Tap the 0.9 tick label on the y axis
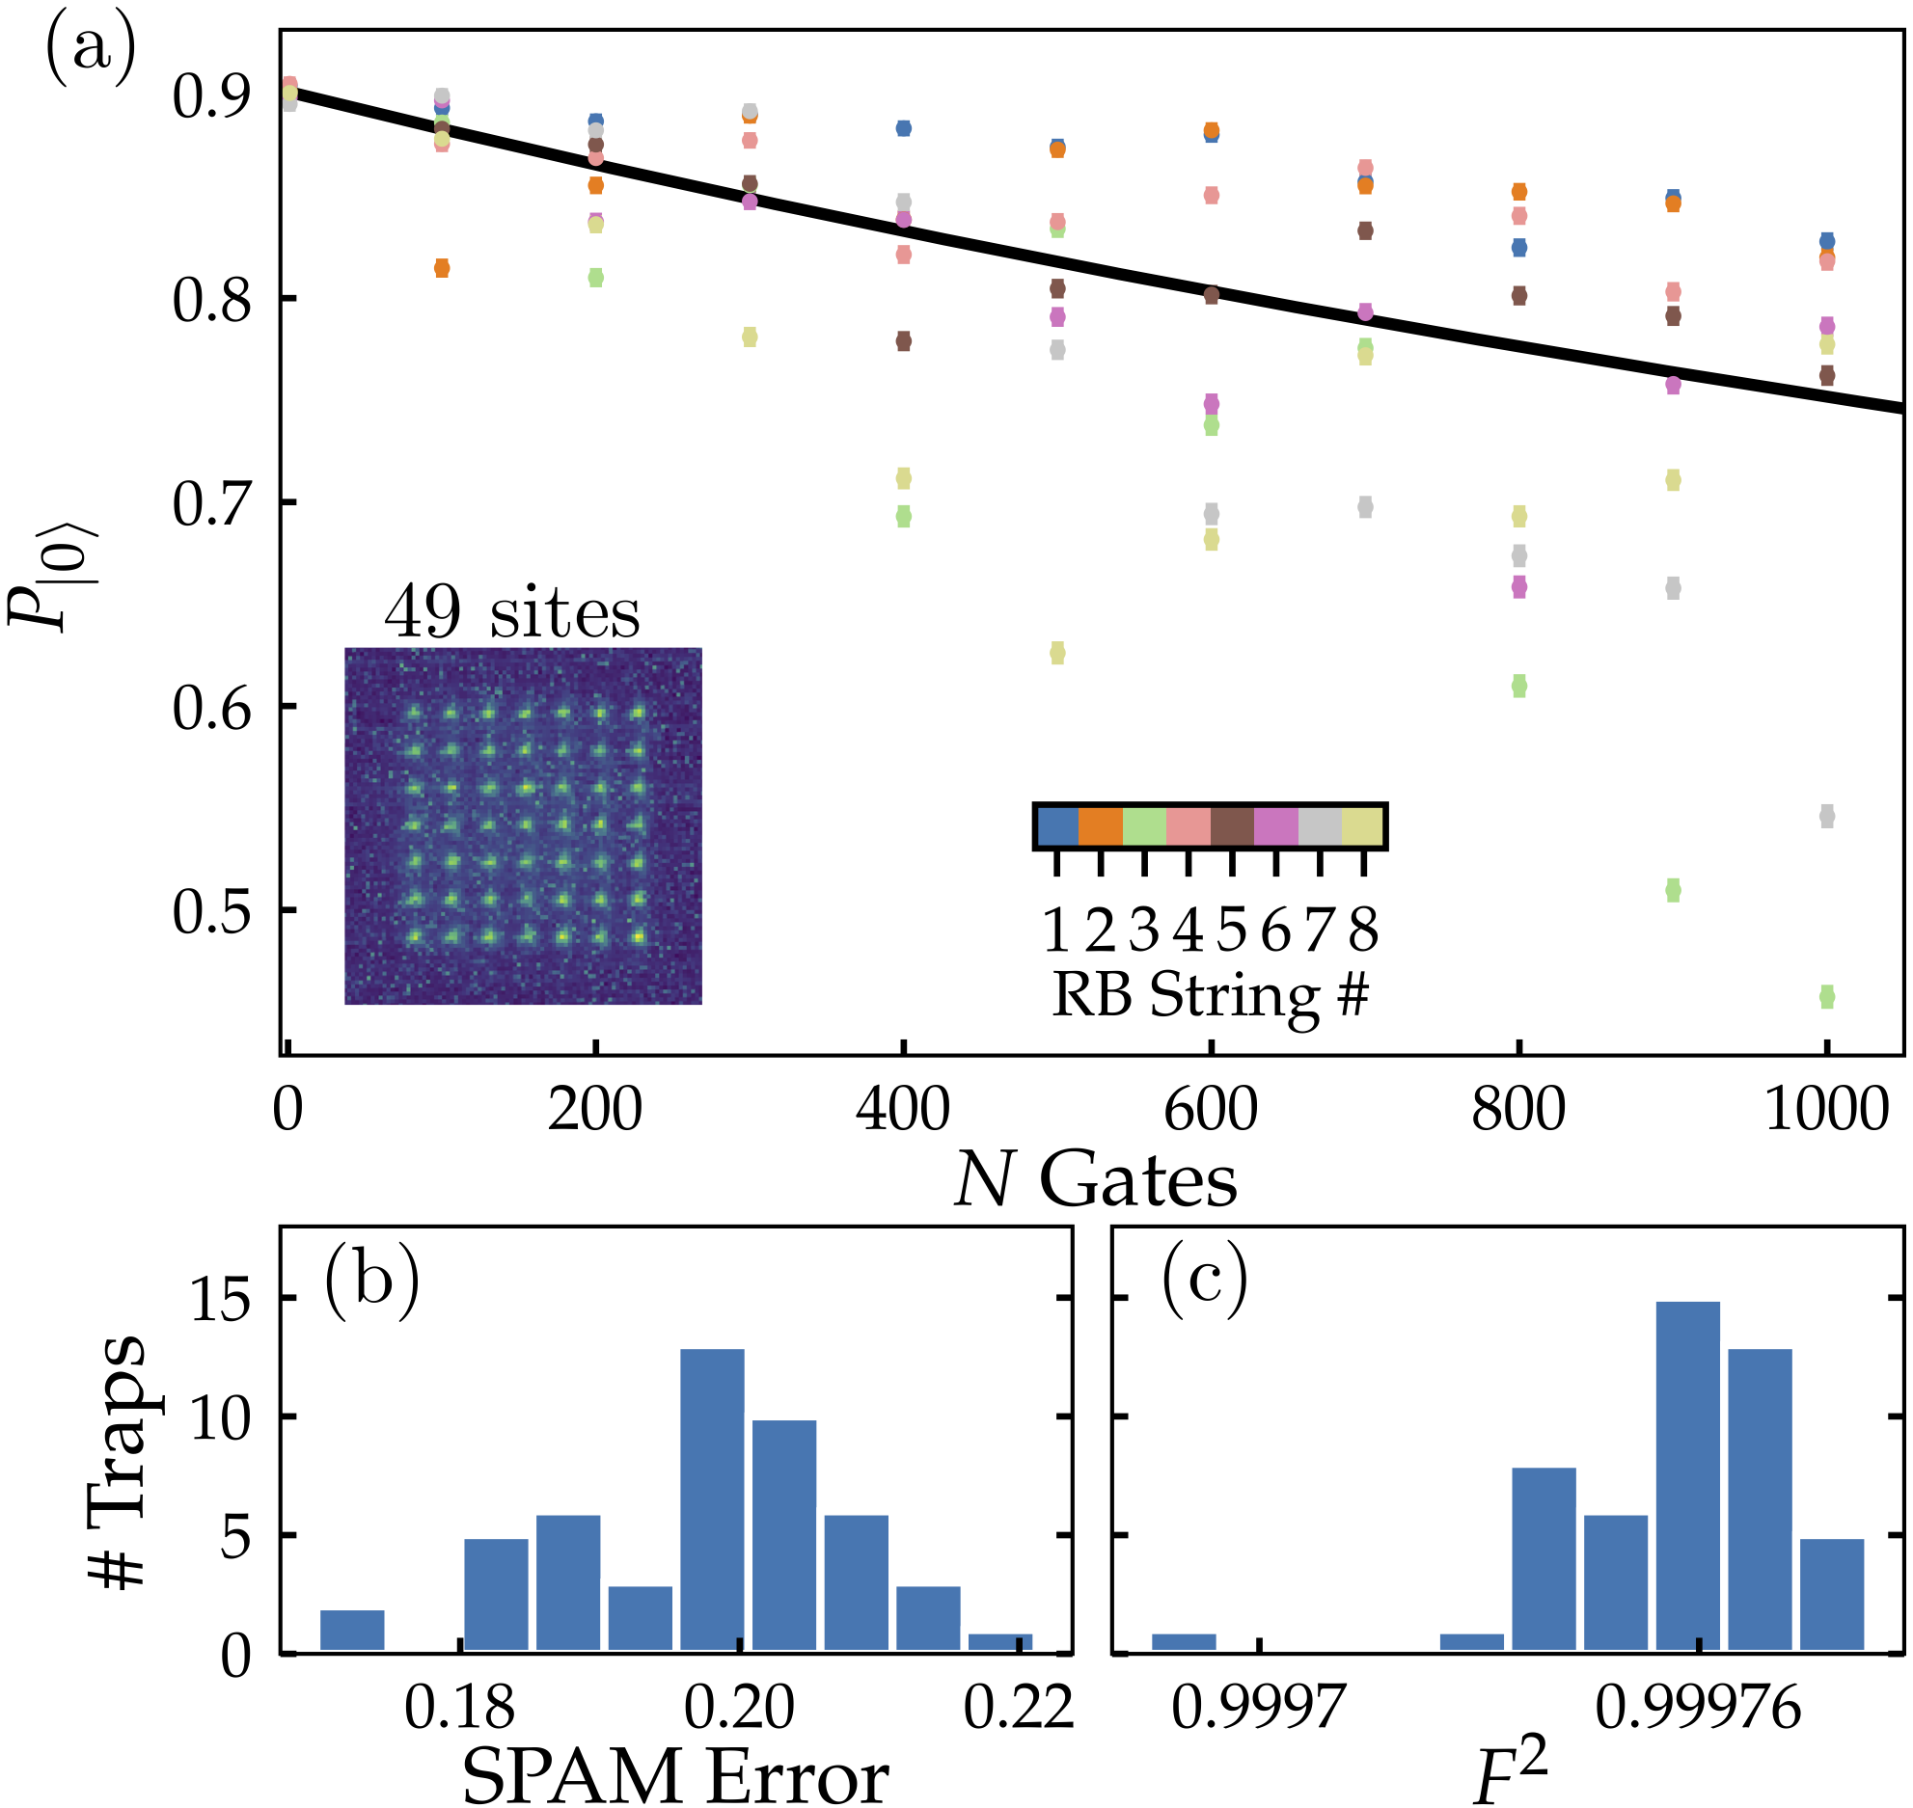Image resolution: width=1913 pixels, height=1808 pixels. tap(210, 96)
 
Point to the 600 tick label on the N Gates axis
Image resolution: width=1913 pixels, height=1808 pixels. tap(1210, 1110)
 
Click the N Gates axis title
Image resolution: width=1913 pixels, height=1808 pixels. tap(1096, 1180)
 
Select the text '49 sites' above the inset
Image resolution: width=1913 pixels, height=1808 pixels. tap(511, 613)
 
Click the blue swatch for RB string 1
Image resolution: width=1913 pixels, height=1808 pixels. tap(1057, 826)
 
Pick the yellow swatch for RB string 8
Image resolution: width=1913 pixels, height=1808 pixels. tap(1362, 826)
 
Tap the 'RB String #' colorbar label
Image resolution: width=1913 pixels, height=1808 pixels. tap(1210, 994)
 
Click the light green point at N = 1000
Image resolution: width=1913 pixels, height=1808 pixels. tap(1826, 997)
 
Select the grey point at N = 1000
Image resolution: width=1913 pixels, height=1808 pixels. tap(1826, 817)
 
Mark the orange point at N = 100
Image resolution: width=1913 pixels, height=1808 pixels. tap(442, 268)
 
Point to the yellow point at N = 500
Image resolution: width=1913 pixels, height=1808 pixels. tap(1057, 654)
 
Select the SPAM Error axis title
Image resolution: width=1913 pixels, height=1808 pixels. tap(675, 1777)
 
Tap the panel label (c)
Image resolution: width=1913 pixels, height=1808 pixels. tap(1204, 1281)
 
